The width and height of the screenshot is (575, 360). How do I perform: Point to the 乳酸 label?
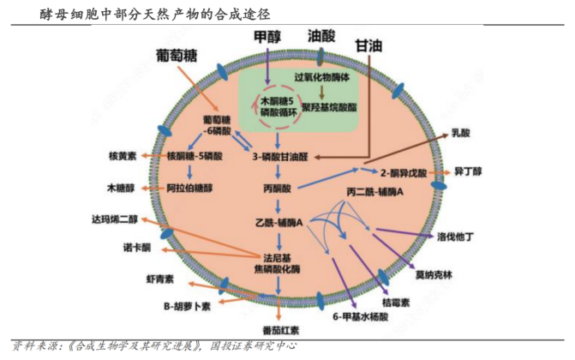[461, 135]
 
